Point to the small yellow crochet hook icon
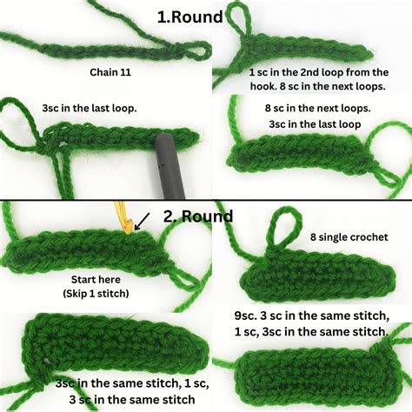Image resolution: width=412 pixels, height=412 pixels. coord(122,217)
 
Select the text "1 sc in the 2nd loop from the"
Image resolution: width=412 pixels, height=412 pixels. coord(318,72)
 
